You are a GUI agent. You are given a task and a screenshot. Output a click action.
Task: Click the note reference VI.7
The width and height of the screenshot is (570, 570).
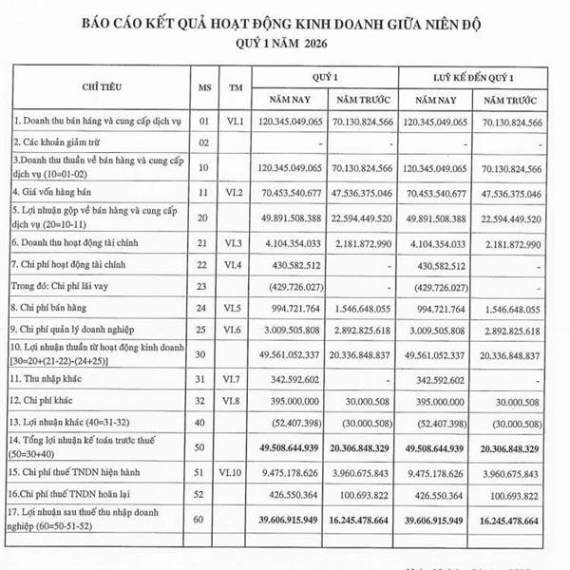pos(234,378)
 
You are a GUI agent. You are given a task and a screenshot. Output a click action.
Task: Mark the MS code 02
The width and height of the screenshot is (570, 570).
pos(202,142)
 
